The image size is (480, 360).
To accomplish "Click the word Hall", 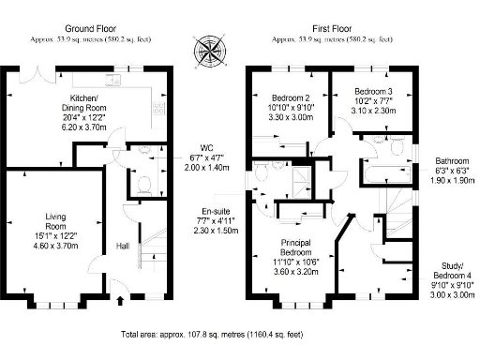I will pos(122,246).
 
